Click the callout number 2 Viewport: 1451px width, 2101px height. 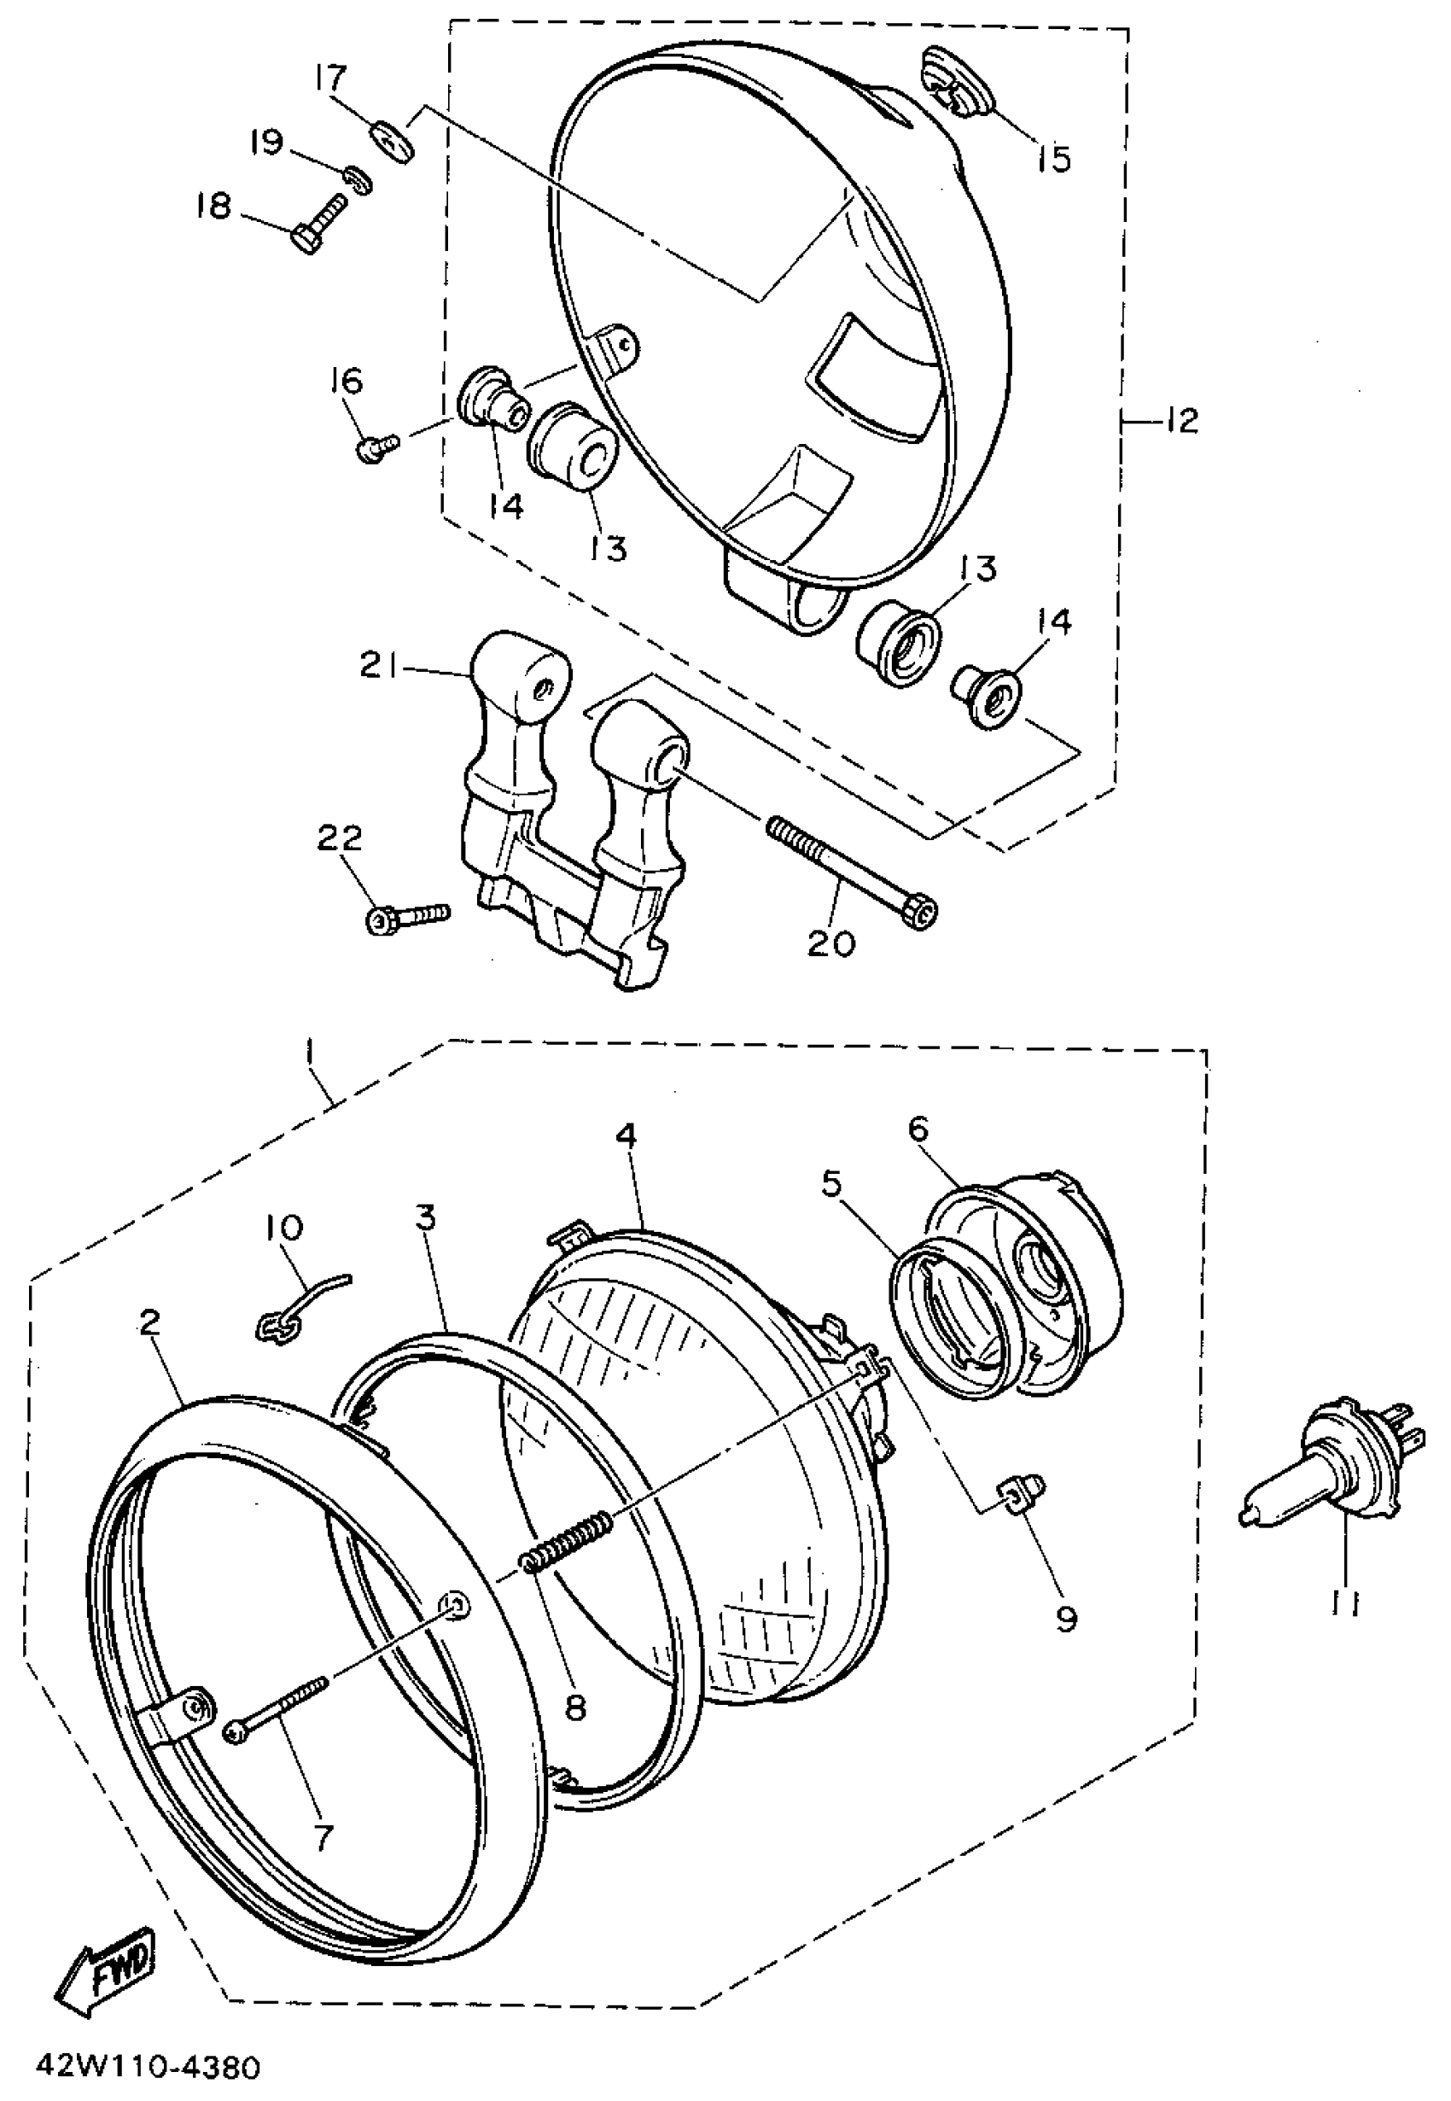(149, 1322)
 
